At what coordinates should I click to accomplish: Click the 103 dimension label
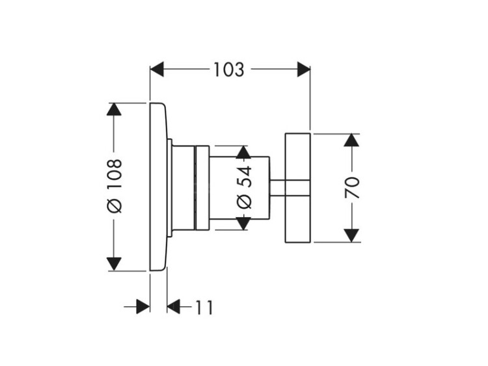click(228, 70)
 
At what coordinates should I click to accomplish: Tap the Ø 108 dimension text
click(114, 185)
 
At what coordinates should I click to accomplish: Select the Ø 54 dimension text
click(243, 187)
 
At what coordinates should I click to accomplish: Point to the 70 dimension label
click(352, 187)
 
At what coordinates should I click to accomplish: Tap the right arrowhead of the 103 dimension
click(303, 70)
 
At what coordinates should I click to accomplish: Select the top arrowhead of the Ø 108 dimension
click(114, 109)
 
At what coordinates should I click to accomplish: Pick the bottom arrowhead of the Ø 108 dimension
click(114, 264)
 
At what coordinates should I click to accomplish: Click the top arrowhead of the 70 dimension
click(352, 140)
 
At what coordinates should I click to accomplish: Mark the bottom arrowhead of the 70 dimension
click(352, 235)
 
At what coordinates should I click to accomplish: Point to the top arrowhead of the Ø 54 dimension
click(243, 153)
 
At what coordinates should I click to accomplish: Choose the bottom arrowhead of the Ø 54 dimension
click(243, 223)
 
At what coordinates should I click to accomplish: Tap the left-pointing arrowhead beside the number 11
click(174, 307)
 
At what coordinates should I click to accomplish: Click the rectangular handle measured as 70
click(299, 188)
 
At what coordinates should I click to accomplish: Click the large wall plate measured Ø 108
click(158, 187)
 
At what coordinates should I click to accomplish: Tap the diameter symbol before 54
click(243, 201)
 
